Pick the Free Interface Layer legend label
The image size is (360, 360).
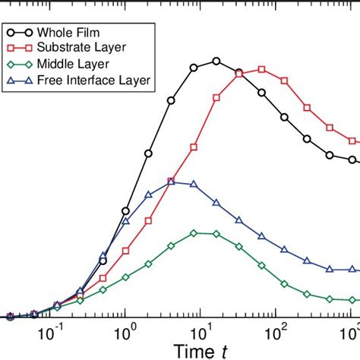99,80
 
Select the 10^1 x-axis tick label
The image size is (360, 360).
201,333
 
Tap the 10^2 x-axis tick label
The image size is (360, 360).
275,333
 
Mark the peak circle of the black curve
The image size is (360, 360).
216,61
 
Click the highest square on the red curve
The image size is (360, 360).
261,69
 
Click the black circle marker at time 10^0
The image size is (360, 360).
126,211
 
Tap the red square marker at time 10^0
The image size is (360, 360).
126,249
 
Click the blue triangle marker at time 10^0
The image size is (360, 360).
126,222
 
